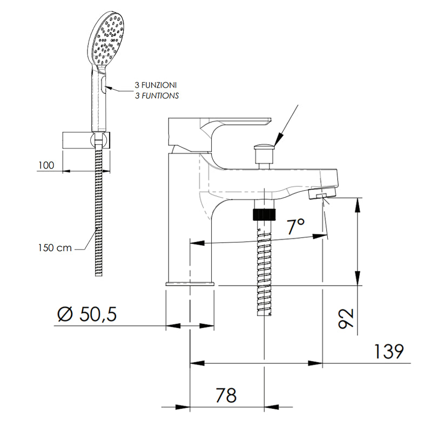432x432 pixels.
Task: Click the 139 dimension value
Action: (x=389, y=351)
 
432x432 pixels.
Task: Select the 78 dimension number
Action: (x=226, y=395)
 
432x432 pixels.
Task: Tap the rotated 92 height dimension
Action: (x=346, y=318)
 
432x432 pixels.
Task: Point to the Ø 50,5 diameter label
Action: (x=87, y=314)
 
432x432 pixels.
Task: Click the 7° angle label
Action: (x=295, y=226)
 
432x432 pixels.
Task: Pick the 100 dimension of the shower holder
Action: (x=46, y=165)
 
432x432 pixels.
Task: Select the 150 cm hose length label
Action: (x=55, y=248)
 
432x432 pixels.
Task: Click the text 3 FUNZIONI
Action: (x=156, y=85)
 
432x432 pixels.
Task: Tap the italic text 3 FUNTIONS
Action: (x=157, y=96)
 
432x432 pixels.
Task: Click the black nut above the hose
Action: (x=264, y=214)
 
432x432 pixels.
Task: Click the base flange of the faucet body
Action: (x=190, y=284)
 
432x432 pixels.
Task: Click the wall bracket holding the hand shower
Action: (x=86, y=140)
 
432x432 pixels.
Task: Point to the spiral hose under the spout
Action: (x=264, y=268)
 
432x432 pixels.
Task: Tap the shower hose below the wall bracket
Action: (x=99, y=212)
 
